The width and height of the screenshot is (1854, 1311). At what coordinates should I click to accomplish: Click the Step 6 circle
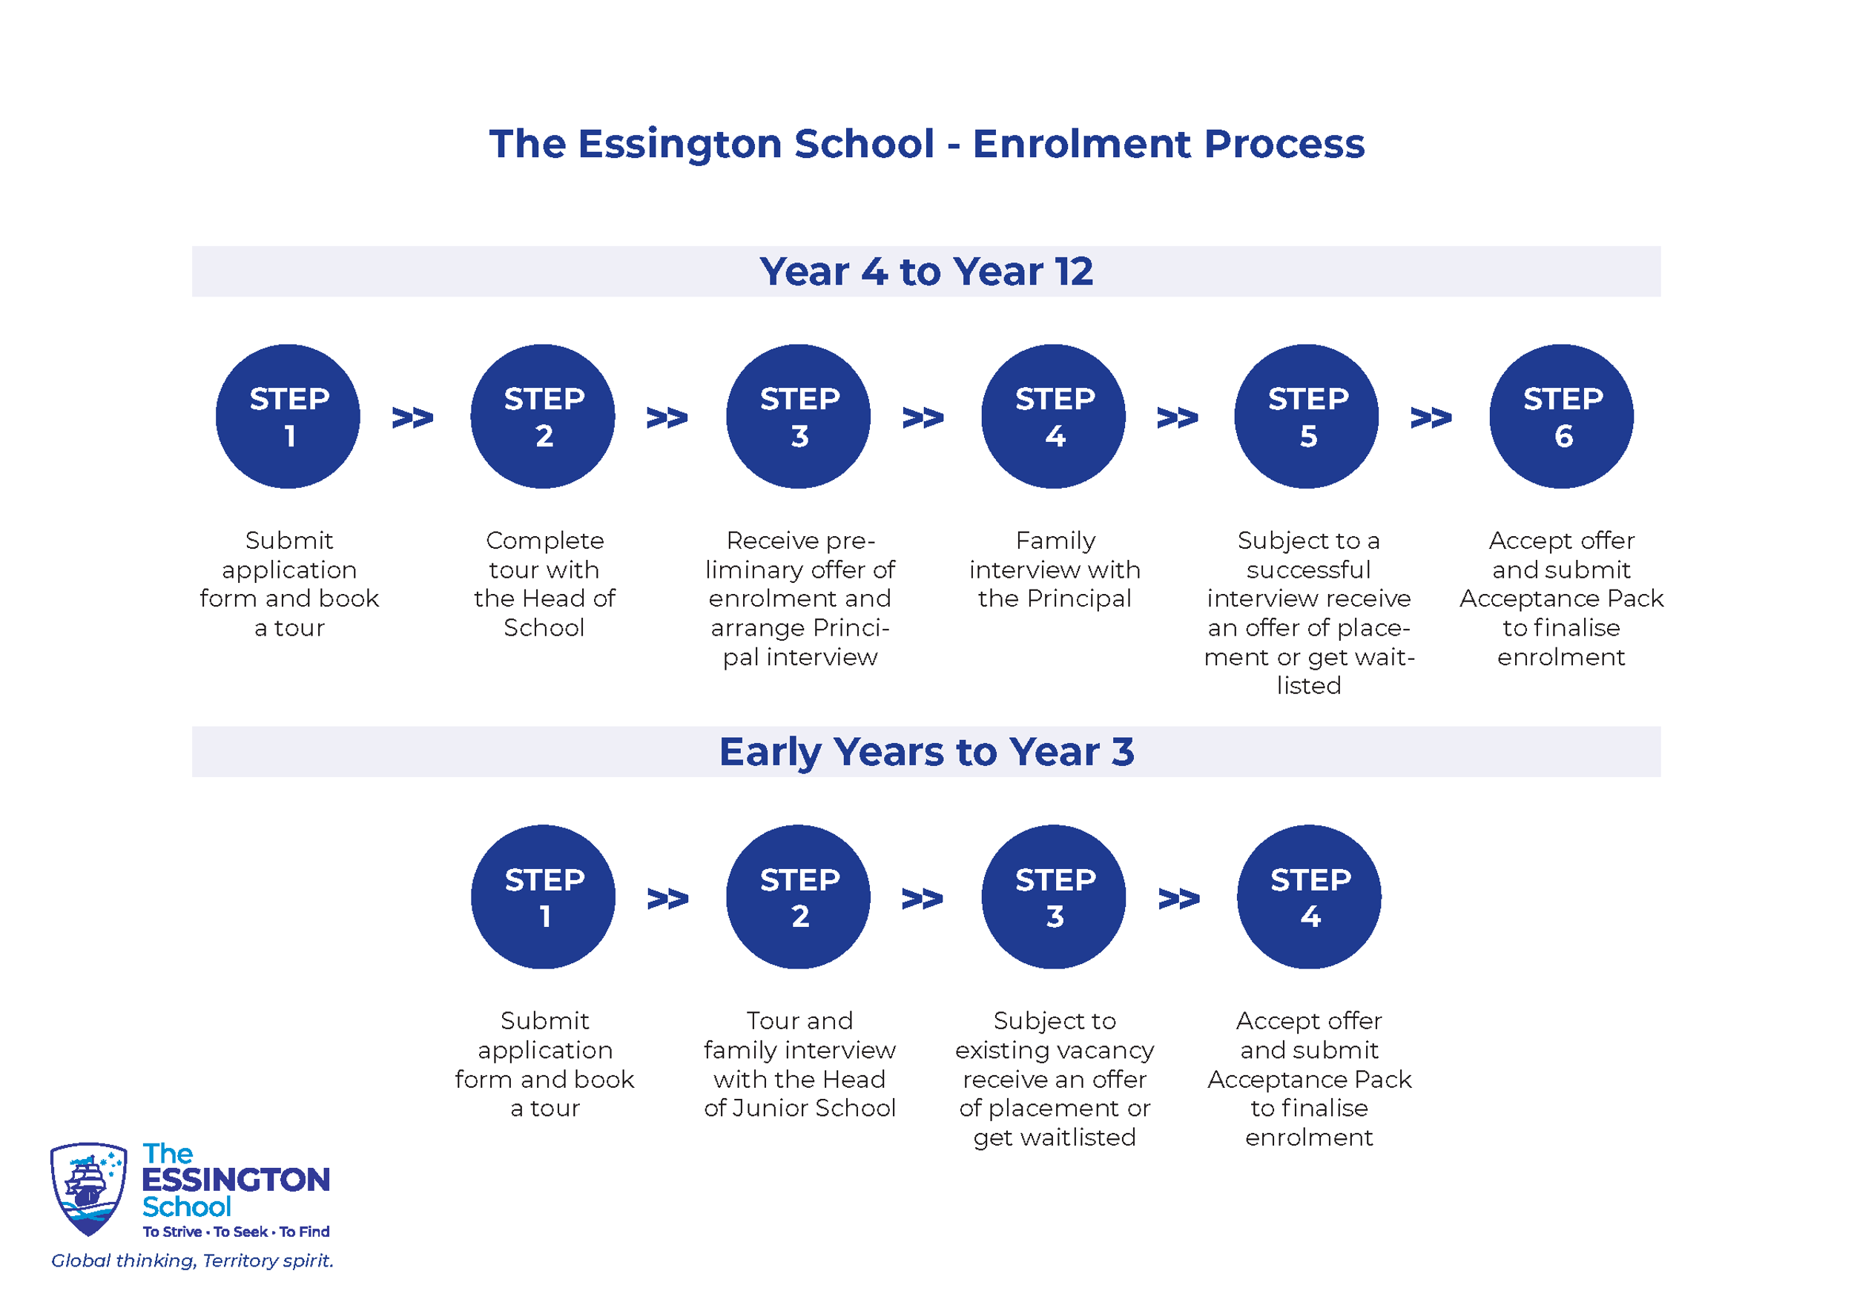coord(1562,417)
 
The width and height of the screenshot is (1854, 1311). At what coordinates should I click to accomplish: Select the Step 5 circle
coord(1307,417)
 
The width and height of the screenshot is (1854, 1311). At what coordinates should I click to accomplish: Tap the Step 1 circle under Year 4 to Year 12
coord(288,417)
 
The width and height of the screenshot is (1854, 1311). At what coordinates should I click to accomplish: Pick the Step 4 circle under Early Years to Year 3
coord(1309,897)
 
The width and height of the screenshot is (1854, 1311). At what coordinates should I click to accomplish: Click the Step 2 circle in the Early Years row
coord(798,897)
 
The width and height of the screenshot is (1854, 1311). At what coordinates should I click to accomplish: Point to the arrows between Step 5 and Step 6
coord(1431,418)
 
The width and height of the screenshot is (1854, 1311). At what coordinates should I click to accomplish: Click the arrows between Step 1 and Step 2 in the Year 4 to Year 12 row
coord(412,418)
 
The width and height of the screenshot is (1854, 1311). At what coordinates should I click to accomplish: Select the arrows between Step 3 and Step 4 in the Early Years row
coord(1179,899)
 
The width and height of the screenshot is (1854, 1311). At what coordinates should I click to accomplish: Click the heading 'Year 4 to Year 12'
coord(926,271)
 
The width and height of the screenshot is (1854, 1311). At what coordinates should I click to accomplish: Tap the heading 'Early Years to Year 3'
coord(926,753)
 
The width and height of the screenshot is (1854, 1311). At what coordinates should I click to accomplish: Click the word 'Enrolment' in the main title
coord(1082,144)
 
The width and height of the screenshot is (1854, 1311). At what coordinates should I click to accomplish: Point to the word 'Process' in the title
coord(1284,144)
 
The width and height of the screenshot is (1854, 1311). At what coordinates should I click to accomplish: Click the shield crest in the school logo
coord(88,1189)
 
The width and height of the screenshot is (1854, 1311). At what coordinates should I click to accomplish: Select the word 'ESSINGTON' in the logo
coord(236,1180)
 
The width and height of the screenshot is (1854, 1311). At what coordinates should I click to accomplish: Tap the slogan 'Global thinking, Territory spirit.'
coord(192,1261)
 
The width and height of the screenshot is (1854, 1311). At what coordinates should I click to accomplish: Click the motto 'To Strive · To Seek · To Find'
coord(236,1232)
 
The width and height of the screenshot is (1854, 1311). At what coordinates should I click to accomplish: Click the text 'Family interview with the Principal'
coord(1055,569)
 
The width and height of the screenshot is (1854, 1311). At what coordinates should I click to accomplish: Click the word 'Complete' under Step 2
coord(545,541)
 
